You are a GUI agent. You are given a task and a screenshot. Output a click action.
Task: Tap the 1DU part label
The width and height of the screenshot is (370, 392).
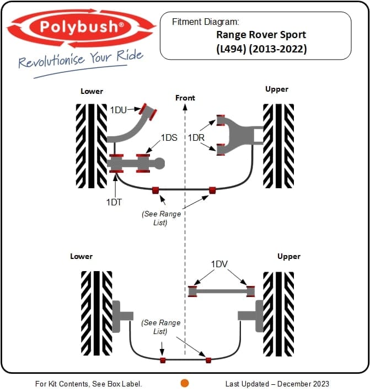[x=119, y=110]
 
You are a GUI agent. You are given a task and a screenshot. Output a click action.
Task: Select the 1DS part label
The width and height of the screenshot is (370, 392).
[x=169, y=137]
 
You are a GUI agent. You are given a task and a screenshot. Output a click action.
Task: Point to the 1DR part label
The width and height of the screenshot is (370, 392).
[x=196, y=137]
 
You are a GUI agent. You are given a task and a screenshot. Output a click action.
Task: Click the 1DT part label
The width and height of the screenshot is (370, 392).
[x=114, y=202]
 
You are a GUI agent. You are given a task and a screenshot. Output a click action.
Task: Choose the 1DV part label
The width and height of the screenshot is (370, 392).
[x=219, y=264]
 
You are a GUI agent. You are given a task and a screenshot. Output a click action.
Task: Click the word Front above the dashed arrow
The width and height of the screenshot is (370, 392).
[x=185, y=98]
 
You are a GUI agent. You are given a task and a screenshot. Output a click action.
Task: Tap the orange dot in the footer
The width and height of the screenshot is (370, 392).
[x=185, y=383]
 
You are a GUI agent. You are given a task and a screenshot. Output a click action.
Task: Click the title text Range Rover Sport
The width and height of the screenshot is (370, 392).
[x=261, y=35]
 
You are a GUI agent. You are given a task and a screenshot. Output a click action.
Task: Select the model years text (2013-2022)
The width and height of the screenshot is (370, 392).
[x=277, y=49]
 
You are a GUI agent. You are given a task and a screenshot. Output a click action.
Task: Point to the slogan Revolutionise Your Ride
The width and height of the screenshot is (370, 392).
[x=81, y=59]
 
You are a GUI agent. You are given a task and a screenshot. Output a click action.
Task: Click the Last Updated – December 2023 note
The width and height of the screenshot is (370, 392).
[x=277, y=384]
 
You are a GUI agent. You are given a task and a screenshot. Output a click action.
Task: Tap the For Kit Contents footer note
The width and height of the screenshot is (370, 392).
[x=89, y=384]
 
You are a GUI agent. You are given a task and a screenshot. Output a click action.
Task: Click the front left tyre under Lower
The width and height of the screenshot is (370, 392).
[x=92, y=146]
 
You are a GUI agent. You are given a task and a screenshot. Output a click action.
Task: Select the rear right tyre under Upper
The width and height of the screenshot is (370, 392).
[x=278, y=314]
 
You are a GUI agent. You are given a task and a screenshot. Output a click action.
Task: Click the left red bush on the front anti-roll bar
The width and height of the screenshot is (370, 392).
[x=155, y=190]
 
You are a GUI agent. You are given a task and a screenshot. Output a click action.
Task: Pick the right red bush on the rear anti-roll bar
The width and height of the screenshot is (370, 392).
[x=208, y=360]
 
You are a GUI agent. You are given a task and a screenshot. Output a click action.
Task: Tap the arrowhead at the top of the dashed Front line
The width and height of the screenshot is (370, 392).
[x=185, y=107]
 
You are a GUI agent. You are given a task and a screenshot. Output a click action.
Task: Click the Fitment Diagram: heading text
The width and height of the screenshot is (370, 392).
[x=206, y=22]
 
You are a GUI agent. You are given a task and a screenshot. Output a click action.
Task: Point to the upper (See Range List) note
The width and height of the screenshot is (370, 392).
[x=161, y=218]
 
